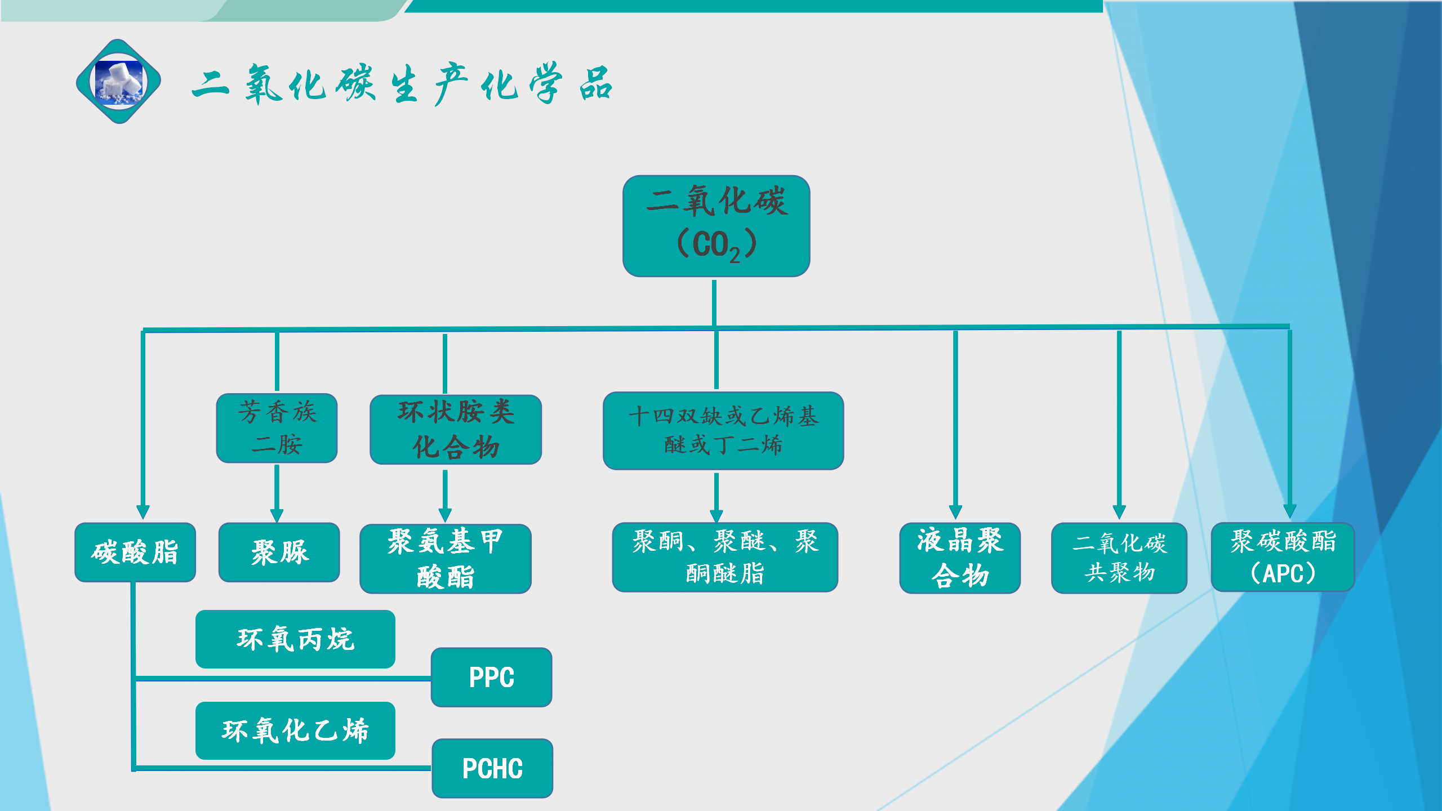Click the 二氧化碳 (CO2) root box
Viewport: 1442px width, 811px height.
point(716,226)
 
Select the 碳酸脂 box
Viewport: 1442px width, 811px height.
point(135,552)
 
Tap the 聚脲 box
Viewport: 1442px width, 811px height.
point(279,552)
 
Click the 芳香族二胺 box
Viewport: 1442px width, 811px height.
point(277,428)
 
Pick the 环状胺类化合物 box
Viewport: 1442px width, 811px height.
point(456,429)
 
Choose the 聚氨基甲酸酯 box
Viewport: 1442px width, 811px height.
point(446,559)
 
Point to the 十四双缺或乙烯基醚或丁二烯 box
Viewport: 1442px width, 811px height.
point(723,431)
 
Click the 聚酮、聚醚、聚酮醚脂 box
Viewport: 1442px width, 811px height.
point(725,557)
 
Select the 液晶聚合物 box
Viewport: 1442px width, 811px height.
point(960,558)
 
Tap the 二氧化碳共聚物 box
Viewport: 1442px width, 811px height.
point(1119,558)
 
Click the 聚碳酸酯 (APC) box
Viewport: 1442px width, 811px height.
point(1283,557)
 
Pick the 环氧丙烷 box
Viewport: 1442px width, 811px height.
point(295,639)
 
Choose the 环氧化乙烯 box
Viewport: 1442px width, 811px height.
point(295,730)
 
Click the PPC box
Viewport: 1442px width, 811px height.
point(491,677)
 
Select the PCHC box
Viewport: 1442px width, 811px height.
point(492,768)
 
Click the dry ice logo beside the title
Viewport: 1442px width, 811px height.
point(119,82)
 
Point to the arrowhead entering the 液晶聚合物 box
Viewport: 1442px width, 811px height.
point(955,512)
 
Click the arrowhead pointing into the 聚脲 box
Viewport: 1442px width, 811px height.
point(277,515)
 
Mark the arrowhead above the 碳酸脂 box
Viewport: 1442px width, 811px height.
point(143,511)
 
